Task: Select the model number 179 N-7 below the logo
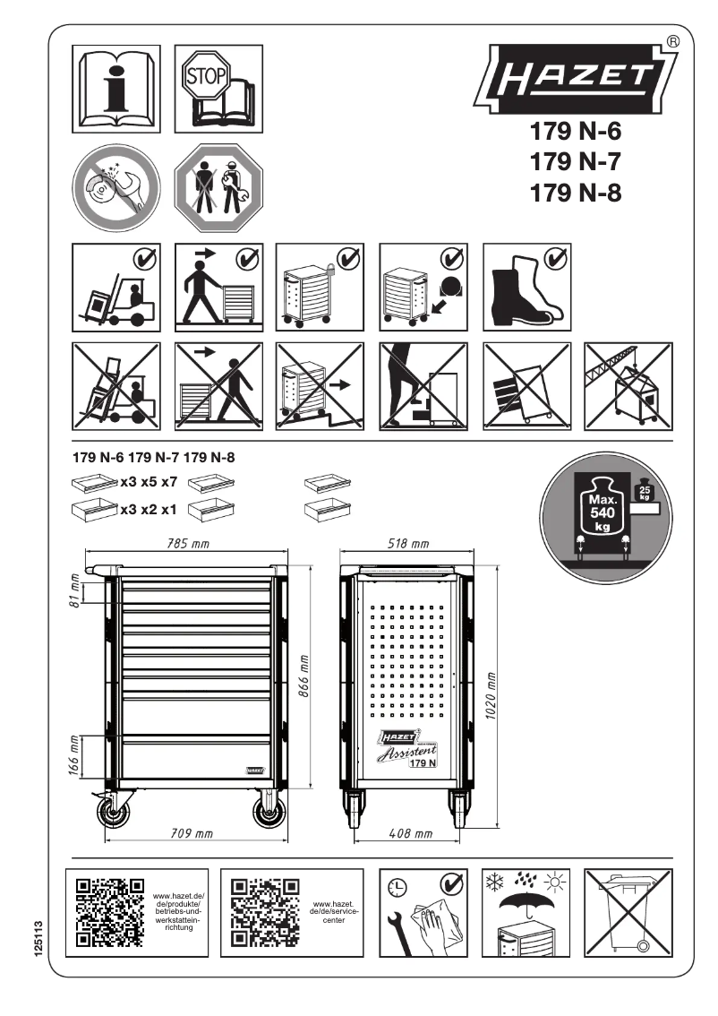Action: click(576, 161)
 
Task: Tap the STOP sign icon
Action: click(206, 75)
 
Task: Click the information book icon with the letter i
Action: click(116, 89)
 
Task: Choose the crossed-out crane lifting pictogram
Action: click(628, 387)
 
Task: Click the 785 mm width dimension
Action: click(188, 543)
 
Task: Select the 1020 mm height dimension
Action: click(491, 695)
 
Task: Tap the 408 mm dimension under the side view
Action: click(410, 833)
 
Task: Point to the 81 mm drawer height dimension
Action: click(75, 590)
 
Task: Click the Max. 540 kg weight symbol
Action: click(603, 512)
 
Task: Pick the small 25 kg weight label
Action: click(645, 492)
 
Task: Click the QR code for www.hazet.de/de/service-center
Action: click(266, 912)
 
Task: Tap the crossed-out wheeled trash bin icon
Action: click(628, 913)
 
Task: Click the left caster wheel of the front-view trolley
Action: click(114, 813)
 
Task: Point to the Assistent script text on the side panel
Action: click(406, 753)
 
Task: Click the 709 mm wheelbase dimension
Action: click(192, 833)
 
